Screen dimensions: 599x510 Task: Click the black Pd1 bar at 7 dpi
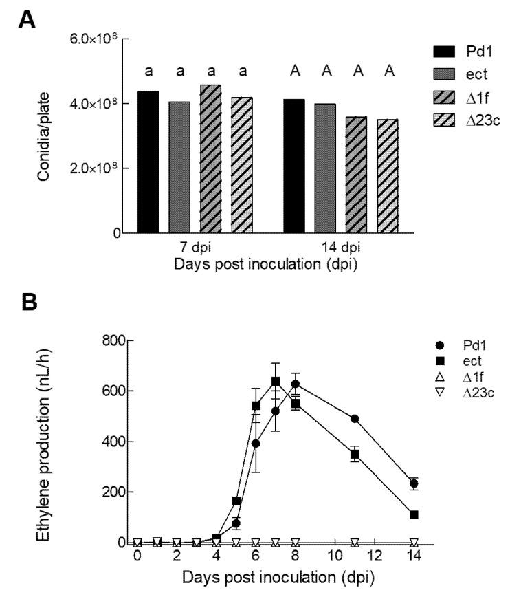(148, 162)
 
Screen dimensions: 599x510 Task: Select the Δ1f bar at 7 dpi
(210, 159)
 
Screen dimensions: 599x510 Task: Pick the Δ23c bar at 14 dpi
(387, 176)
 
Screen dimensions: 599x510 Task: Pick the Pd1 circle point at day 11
(355, 418)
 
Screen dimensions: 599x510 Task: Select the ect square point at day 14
(414, 514)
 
